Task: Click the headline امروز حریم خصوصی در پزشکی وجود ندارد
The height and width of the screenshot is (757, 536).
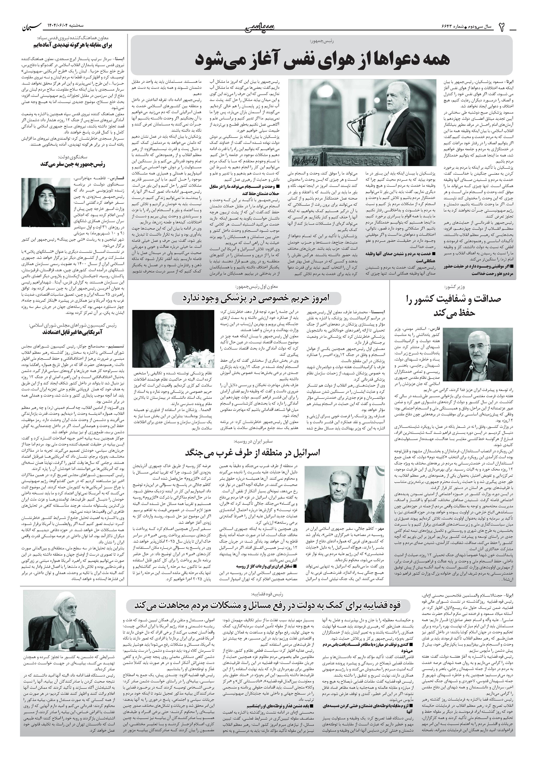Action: coord(257,298)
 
